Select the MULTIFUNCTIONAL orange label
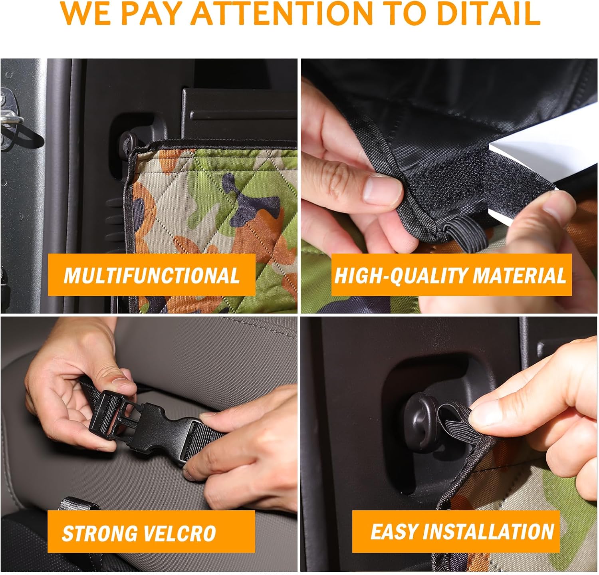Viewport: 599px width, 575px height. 151,275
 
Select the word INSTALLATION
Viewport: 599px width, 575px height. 488,531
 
